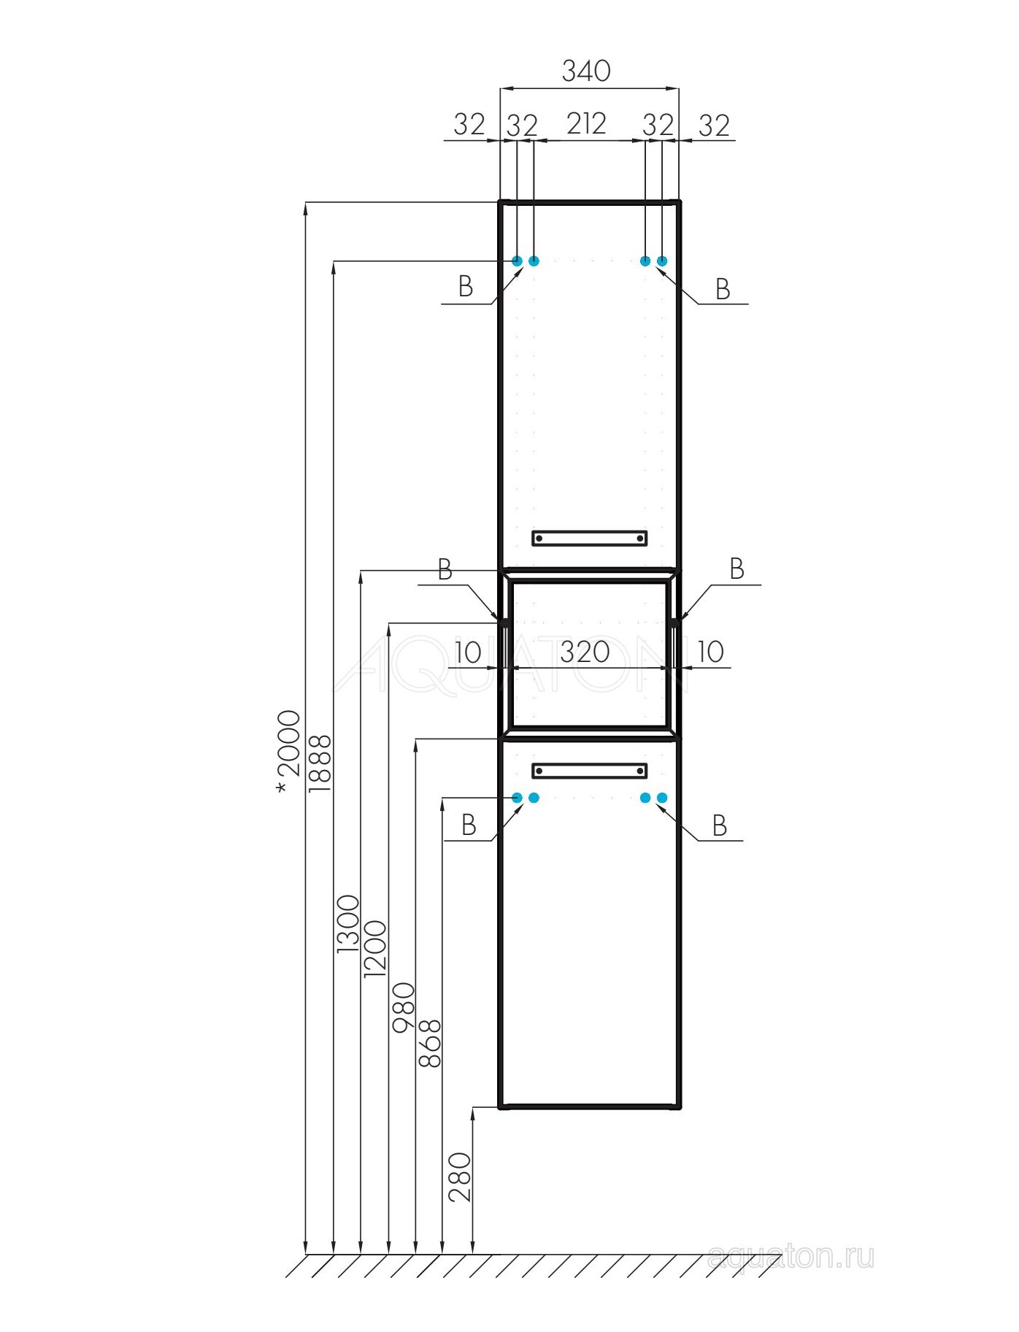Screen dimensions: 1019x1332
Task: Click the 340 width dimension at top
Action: pyautogui.click(x=586, y=71)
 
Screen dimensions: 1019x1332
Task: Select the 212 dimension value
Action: pyautogui.click(x=586, y=123)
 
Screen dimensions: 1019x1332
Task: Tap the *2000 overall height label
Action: pyautogui.click(x=289, y=751)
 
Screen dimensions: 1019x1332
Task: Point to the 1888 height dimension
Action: pyautogui.click(x=320, y=763)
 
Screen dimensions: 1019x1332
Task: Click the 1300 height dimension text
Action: pyautogui.click(x=348, y=924)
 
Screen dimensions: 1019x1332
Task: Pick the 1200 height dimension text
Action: pyautogui.click(x=374, y=949)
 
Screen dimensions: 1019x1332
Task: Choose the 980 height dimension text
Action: pyautogui.click(x=403, y=1007)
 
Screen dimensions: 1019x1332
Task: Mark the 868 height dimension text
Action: pyautogui.click(x=430, y=1044)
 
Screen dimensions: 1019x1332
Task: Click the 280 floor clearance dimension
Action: pyautogui.click(x=460, y=1177)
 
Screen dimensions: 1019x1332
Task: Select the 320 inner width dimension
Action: pyautogui.click(x=585, y=652)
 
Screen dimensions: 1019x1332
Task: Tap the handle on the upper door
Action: pyautogui.click(x=589, y=539)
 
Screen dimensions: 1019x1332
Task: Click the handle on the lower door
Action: pyautogui.click(x=589, y=771)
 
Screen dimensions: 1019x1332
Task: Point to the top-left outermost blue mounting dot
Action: pyautogui.click(x=517, y=261)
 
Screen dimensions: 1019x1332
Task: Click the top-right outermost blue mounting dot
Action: pyautogui.click(x=662, y=261)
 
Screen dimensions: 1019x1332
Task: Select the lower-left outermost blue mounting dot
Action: pyautogui.click(x=517, y=798)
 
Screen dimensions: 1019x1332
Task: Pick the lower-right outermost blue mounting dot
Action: pyautogui.click(x=662, y=798)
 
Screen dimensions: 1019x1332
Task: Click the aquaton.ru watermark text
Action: pyautogui.click(x=791, y=1257)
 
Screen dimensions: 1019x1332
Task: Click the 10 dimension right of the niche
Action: pyautogui.click(x=710, y=652)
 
